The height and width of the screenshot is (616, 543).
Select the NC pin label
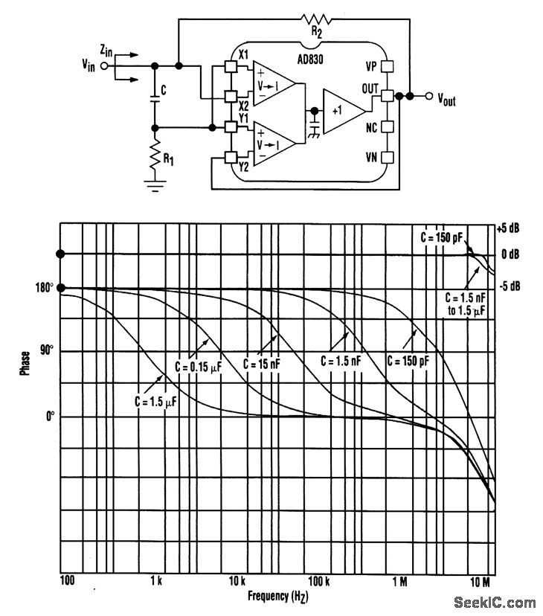(x=370, y=127)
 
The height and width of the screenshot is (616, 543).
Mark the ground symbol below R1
(x=153, y=186)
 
